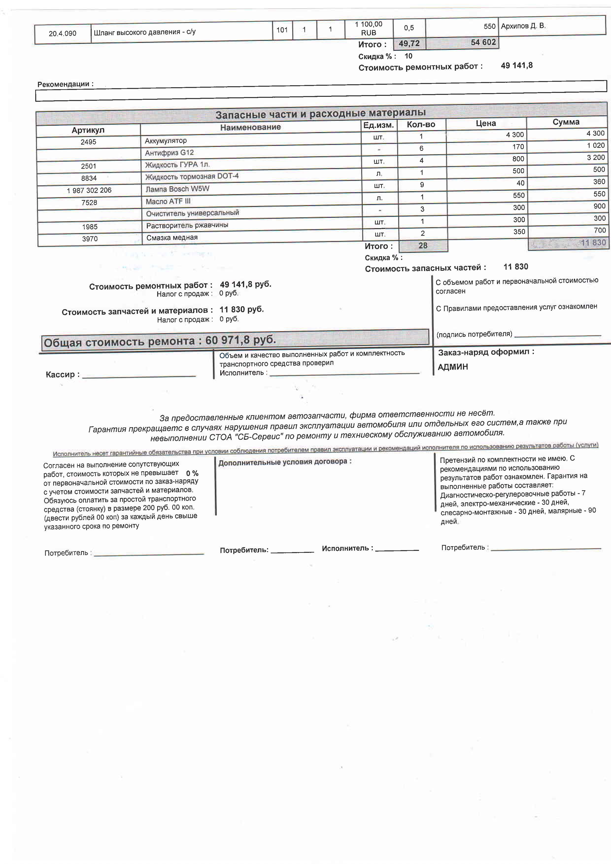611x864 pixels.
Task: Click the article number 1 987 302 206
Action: [89, 190]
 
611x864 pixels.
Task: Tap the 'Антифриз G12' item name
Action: [169, 153]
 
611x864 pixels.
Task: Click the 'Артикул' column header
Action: [88, 130]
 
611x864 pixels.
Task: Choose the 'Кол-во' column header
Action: [421, 125]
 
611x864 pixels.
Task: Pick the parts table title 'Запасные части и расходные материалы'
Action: [321, 113]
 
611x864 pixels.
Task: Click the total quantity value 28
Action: [423, 246]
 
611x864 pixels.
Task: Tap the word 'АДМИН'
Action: [453, 367]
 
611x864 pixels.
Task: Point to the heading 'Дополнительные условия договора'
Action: [285, 462]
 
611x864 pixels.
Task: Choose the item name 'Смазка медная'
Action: [172, 237]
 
